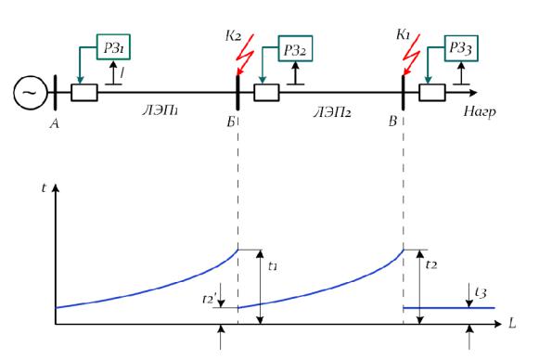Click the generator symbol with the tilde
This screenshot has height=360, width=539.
[30, 93]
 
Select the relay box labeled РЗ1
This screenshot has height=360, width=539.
[113, 47]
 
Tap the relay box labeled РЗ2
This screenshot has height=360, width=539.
[295, 48]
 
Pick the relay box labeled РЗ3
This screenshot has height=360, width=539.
[461, 48]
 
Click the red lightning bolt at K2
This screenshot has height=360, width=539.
[245, 54]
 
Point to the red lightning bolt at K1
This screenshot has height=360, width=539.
[412, 54]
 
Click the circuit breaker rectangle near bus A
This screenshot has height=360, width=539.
[84, 93]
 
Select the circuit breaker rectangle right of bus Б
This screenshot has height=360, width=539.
[266, 93]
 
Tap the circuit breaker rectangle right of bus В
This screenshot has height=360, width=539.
[432, 93]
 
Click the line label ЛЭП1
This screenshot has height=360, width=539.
[160, 110]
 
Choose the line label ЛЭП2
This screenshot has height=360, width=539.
[332, 112]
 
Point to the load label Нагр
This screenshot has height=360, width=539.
[480, 111]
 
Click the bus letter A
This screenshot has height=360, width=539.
[55, 123]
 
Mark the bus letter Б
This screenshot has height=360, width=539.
[231, 122]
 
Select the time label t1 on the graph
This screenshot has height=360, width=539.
[273, 265]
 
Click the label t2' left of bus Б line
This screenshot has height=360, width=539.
[209, 299]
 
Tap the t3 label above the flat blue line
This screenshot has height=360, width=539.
[481, 292]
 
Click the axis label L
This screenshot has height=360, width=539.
[512, 324]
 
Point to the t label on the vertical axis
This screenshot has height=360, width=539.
[44, 188]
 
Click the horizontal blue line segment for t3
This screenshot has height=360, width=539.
[449, 308]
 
